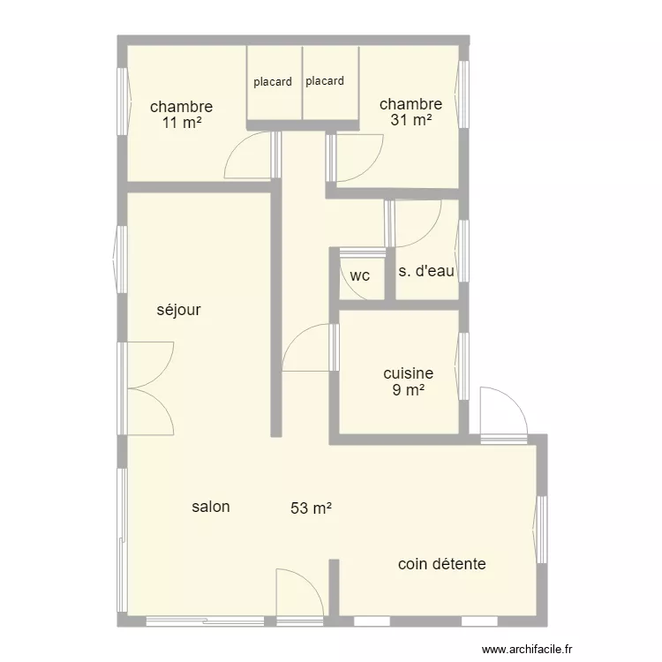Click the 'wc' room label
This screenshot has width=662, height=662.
coord(360,275)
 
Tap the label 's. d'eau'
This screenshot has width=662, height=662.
coord(426,271)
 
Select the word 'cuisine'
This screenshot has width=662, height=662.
coord(409,373)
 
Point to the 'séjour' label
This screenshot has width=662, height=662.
coord(178,311)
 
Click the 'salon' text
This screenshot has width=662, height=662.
coord(211,507)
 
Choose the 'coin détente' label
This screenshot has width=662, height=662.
coord(442,564)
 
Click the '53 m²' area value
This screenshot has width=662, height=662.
coord(311,508)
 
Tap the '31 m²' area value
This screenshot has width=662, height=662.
coord(410,120)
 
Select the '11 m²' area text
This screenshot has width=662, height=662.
coord(182,123)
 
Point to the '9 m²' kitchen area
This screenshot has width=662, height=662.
coord(409,389)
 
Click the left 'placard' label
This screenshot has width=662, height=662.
coord(273,82)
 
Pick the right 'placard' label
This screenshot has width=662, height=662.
coord(325,81)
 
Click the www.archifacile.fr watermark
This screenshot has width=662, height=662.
coord(527,649)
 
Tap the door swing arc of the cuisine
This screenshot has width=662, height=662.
coord(296,338)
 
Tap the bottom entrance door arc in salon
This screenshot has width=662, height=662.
coord(310,583)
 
